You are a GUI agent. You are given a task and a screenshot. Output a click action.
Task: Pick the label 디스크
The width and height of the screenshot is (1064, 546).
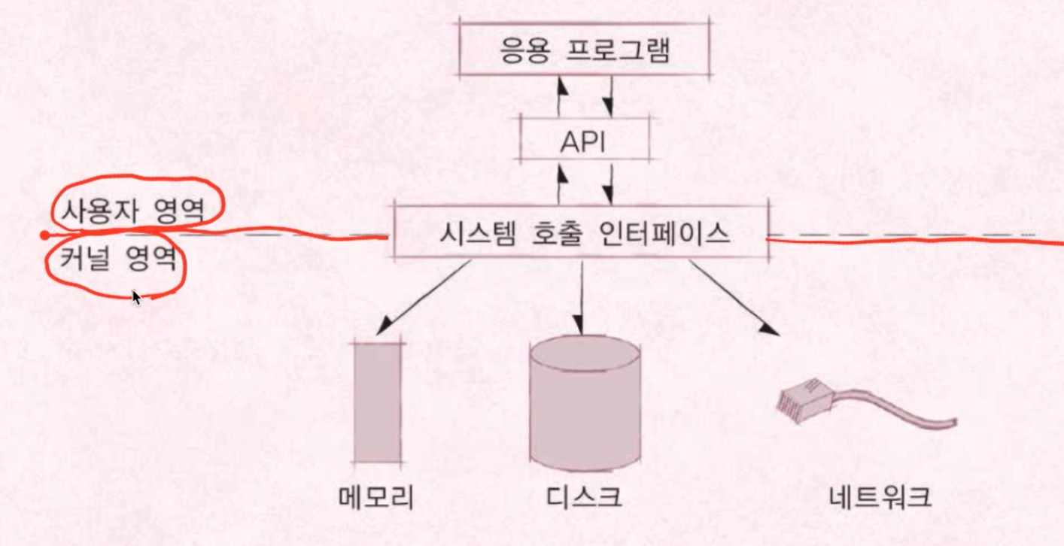click(585, 497)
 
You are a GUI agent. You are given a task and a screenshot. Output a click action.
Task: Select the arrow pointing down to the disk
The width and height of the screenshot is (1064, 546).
click(582, 296)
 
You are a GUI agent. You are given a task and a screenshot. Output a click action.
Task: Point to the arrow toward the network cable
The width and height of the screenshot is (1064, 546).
click(734, 298)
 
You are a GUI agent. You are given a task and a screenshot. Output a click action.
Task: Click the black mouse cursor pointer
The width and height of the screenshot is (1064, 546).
click(136, 298)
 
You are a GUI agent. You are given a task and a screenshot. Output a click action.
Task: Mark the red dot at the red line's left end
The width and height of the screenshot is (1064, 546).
click(44, 235)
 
